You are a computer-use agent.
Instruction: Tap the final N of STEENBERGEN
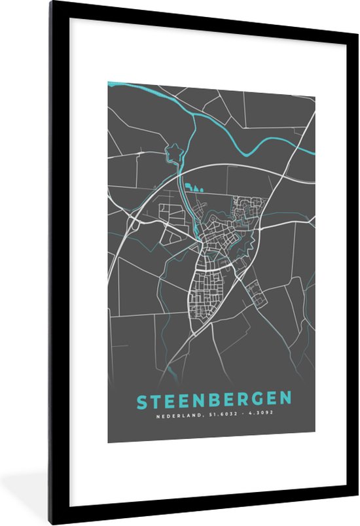click(x=285, y=399)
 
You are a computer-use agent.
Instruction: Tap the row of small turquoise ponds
click(x=194, y=188)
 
